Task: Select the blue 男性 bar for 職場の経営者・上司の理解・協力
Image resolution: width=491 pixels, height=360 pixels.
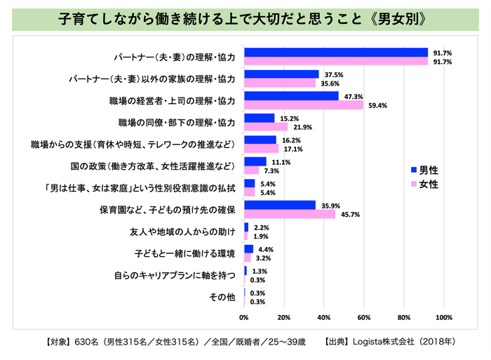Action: pyautogui.click(x=291, y=95)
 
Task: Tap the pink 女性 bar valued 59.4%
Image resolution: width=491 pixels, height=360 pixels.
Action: pyautogui.click(x=303, y=105)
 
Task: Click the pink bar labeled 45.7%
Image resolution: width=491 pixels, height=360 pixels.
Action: pyautogui.click(x=289, y=214)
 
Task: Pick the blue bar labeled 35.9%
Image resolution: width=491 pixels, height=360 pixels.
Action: pyautogui.click(x=279, y=205)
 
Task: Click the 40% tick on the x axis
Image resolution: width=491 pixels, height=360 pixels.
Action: pyautogui.click(x=324, y=318)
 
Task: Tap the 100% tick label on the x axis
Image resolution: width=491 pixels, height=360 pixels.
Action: pyautogui.click(x=443, y=318)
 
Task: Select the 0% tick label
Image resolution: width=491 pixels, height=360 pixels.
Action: pyautogui.click(x=244, y=318)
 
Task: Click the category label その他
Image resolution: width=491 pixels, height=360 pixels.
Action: pyautogui.click(x=223, y=297)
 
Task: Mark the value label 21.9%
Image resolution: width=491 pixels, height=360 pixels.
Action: pyautogui.click(x=300, y=127)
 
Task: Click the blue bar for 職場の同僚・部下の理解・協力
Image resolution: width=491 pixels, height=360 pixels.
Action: pyautogui.click(x=259, y=118)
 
